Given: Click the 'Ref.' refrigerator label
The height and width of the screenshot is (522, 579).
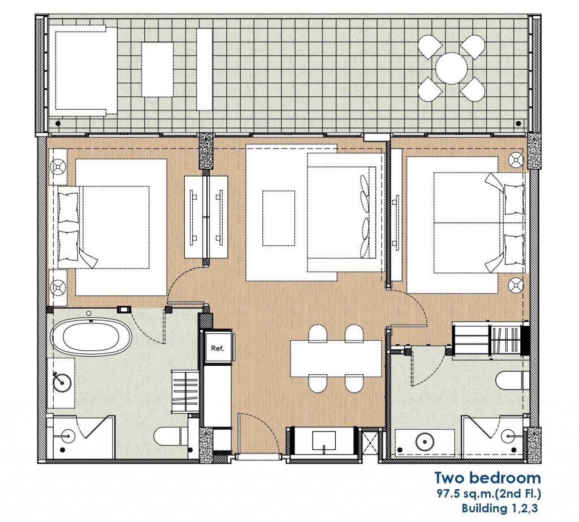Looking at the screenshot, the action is click(218, 348).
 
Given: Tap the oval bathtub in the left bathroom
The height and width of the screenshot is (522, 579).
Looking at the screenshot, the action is click(91, 337).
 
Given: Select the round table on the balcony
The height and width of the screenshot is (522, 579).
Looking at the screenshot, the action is click(451, 69).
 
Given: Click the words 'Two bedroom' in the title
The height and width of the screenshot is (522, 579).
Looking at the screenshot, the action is click(487, 478).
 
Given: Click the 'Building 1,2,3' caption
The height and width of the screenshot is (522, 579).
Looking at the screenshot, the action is click(499, 508).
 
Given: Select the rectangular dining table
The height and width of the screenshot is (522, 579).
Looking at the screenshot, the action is click(336, 358).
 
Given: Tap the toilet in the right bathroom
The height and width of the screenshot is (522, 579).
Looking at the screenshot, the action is click(512, 380).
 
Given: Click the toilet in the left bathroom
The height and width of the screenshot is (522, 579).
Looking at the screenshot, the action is click(171, 437).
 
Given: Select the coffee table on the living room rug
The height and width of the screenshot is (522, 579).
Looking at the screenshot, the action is click(279, 218).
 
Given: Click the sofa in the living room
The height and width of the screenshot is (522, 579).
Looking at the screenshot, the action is click(345, 212).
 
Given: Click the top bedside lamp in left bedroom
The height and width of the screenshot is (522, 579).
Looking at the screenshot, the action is click(58, 166).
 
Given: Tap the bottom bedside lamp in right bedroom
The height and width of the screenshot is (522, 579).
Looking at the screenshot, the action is click(516, 285).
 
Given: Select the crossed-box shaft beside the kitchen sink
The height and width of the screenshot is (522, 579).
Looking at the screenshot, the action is click(369, 443).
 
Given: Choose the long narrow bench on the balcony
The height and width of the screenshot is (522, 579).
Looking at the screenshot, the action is click(204, 69).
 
